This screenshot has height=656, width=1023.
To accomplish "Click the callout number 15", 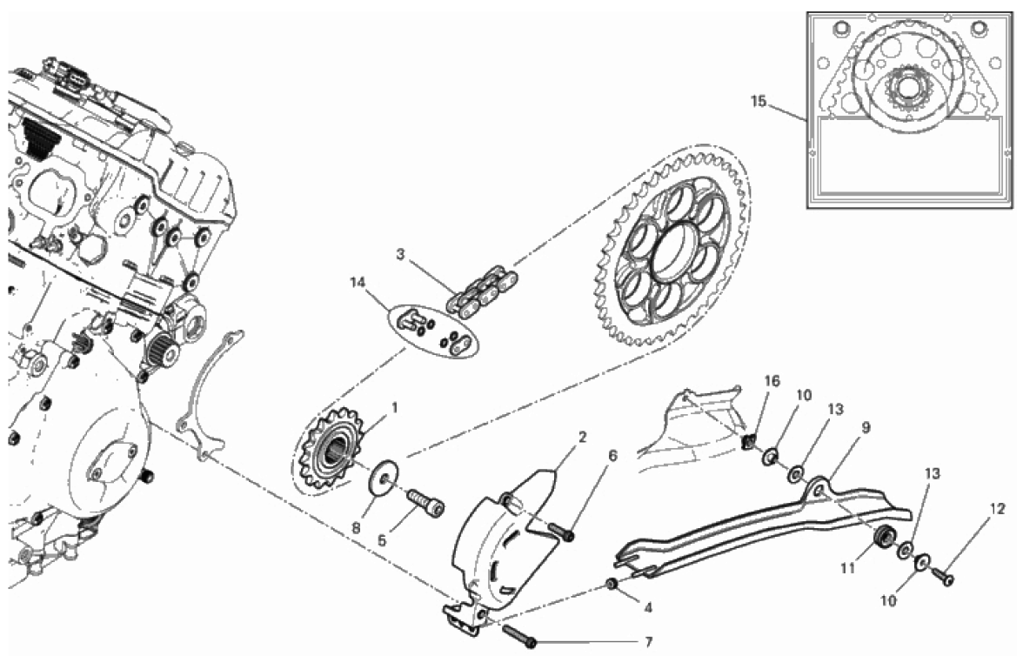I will coord(759,102).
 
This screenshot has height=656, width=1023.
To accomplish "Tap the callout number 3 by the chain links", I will coord(399,254).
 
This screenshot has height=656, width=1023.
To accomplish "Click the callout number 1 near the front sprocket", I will coord(393,406).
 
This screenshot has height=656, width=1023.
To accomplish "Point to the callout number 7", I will coord(646,642).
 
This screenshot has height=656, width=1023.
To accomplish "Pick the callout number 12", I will coord(997,509).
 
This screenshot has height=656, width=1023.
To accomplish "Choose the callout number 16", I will coord(772,381).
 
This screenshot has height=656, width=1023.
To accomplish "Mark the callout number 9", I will coord(842,427).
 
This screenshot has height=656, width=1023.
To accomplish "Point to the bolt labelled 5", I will coord(425,502).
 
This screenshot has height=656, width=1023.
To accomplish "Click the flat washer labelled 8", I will coord(381,479).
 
